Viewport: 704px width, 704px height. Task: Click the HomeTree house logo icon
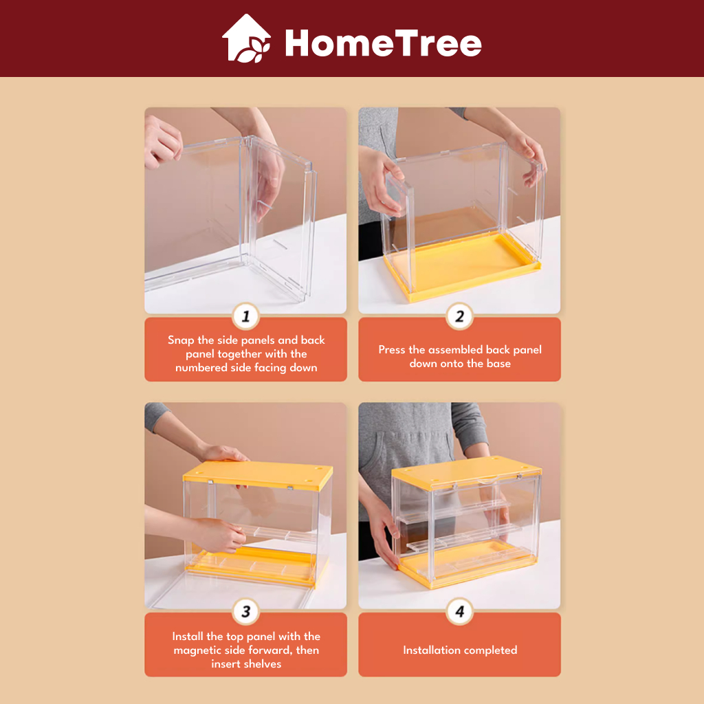point(247,38)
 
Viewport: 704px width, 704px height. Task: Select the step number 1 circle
point(245,316)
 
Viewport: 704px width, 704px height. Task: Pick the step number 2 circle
point(459,316)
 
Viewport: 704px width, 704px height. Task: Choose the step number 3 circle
point(245,611)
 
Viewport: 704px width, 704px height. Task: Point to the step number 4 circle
point(459,611)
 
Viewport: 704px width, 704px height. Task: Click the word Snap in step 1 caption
point(181,340)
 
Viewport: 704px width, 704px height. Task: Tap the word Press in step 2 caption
point(392,350)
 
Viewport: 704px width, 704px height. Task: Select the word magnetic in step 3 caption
point(197,650)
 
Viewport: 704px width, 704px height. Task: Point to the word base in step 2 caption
point(499,364)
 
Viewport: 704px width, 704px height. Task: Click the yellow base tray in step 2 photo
point(463,267)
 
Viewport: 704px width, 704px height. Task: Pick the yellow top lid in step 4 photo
point(467,472)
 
